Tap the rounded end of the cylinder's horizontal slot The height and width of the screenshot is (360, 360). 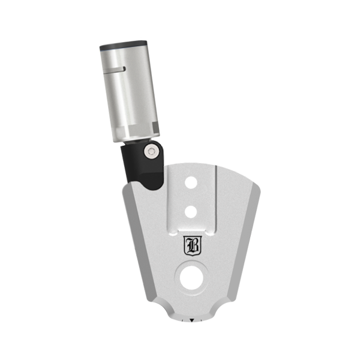tap(124, 68)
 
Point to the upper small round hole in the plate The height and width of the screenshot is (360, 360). tap(191, 183)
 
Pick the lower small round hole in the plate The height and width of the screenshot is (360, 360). tap(191, 212)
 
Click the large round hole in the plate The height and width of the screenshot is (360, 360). tap(191, 278)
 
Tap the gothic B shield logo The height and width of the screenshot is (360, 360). tap(193, 245)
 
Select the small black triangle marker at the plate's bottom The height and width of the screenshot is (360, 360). tap(192, 320)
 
